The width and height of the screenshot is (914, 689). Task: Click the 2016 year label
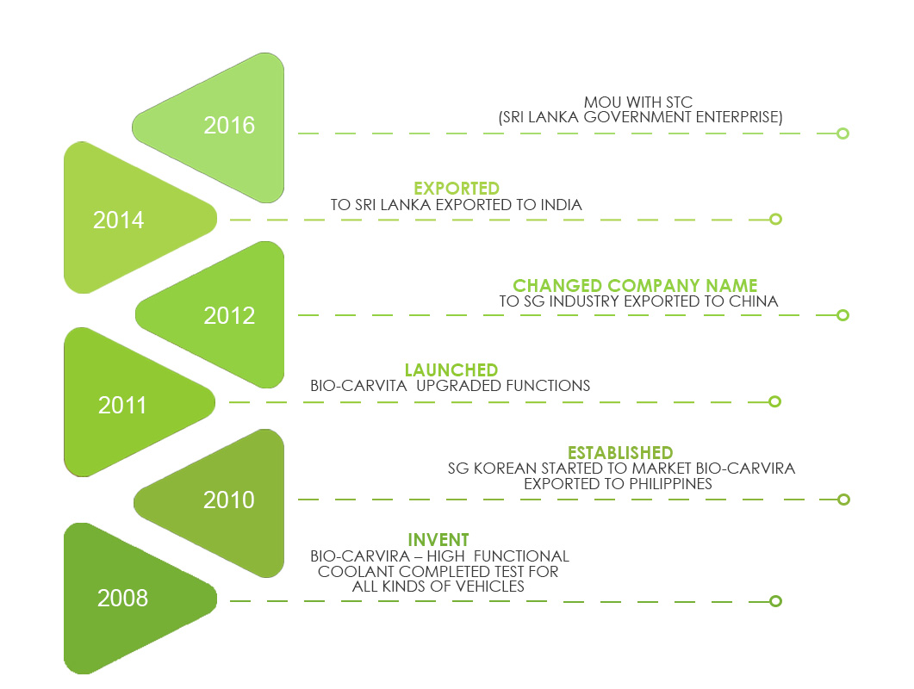(x=229, y=126)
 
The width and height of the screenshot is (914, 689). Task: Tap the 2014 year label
(x=119, y=220)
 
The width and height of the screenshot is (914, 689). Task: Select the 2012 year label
(x=229, y=316)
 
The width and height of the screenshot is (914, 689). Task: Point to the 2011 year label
(x=122, y=405)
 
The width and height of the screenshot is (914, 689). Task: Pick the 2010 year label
(x=229, y=500)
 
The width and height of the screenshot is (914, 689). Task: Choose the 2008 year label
(x=122, y=598)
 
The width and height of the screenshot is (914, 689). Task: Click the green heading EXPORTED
(x=457, y=189)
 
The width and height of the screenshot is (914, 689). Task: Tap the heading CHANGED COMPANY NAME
(x=635, y=286)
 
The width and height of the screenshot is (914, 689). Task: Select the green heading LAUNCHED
(x=451, y=370)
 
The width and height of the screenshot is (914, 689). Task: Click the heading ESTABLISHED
(x=620, y=453)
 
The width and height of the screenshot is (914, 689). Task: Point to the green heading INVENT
(x=438, y=540)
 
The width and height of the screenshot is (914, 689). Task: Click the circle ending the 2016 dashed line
(x=843, y=133)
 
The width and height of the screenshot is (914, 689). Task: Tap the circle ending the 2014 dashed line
(x=775, y=219)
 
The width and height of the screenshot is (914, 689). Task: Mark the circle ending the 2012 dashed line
(x=843, y=315)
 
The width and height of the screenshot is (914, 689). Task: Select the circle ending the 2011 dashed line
(x=774, y=401)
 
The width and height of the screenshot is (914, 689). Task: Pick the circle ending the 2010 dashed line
(x=843, y=500)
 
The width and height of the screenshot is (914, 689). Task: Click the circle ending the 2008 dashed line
(x=775, y=601)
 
